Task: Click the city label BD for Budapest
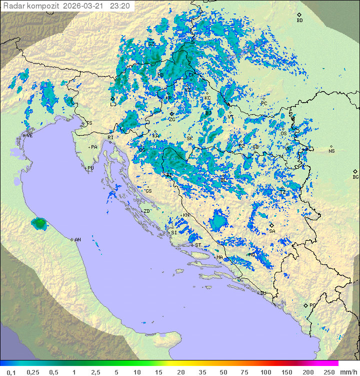(299, 21)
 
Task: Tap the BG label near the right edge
(355, 177)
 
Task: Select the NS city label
(331, 151)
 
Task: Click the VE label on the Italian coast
(29, 136)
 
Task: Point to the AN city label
(77, 240)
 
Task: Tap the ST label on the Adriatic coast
(198, 245)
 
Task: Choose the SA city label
(272, 231)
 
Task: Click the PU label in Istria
(90, 168)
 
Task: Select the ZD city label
(147, 211)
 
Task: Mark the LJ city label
(113, 104)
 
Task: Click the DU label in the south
(262, 293)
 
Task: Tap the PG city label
(312, 305)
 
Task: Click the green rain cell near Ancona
(38, 223)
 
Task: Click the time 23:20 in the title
(120, 6)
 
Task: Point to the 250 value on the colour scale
(328, 372)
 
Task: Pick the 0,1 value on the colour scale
(11, 372)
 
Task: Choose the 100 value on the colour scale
(265, 372)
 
